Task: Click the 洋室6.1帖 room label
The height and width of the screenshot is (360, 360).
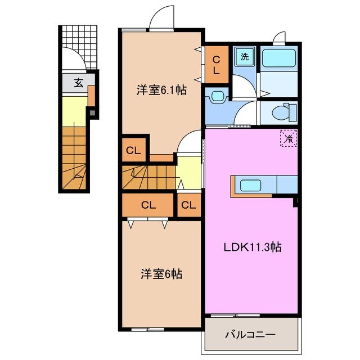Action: [x=161, y=89]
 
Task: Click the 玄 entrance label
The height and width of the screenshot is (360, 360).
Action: [x=79, y=83]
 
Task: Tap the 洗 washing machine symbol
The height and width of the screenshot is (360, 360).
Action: [x=245, y=57]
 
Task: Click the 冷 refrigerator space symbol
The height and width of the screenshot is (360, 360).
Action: [x=289, y=137]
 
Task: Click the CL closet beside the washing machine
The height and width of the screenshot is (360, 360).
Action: [x=216, y=64]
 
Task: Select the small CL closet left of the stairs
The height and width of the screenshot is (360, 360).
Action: [x=133, y=151]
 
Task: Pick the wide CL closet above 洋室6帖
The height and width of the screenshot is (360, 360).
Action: [x=148, y=205]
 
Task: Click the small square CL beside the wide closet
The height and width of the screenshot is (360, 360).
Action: [x=189, y=205]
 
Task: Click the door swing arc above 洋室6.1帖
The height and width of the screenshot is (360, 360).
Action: [x=161, y=17]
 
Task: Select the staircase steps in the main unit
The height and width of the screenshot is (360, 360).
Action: [x=147, y=177]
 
